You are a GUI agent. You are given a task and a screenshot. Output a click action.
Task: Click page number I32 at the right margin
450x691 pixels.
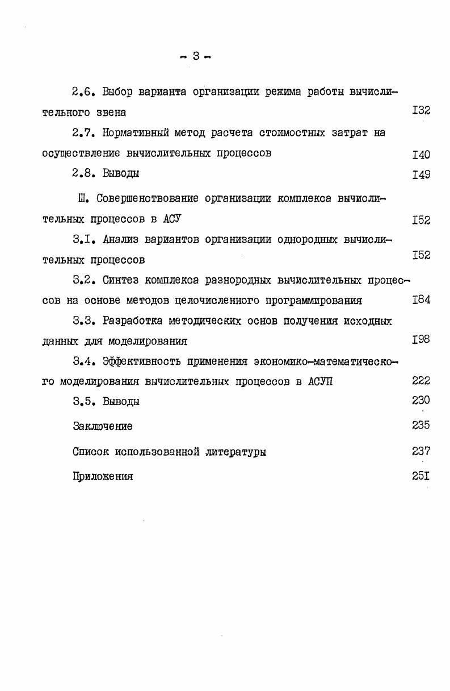point(421,110)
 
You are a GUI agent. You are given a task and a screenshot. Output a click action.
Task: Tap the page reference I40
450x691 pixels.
point(421,155)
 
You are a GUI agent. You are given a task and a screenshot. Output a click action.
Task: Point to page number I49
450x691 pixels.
point(421,174)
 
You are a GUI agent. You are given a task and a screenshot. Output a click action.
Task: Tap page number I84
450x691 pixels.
point(421,299)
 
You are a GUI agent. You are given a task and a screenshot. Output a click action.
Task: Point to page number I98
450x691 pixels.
point(421,339)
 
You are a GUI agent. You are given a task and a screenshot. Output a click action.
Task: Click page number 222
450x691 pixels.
point(421,381)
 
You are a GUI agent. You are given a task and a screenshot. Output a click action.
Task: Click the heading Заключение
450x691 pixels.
point(103,426)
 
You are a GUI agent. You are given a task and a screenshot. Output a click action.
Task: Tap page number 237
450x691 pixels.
point(421,451)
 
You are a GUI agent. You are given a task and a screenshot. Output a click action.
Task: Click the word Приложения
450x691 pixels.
point(103,477)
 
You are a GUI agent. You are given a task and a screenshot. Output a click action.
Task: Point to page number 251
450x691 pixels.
point(421,476)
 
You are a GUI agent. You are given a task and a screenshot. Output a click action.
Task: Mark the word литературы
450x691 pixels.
point(235,452)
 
